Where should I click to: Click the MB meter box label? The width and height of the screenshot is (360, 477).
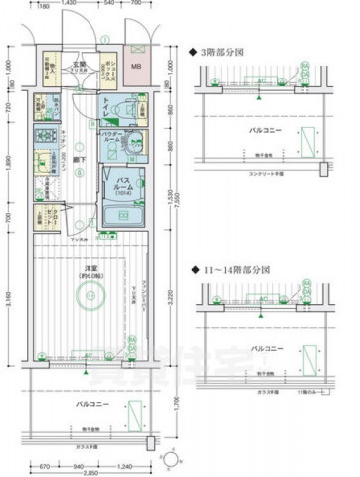[x=137, y=68]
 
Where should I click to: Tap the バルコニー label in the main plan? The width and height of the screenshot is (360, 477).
[x=90, y=405]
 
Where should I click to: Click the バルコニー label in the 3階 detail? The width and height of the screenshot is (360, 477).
[x=265, y=130]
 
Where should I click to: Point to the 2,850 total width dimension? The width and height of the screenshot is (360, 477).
[x=90, y=472]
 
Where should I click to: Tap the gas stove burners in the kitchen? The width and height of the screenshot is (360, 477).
[x=45, y=138]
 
